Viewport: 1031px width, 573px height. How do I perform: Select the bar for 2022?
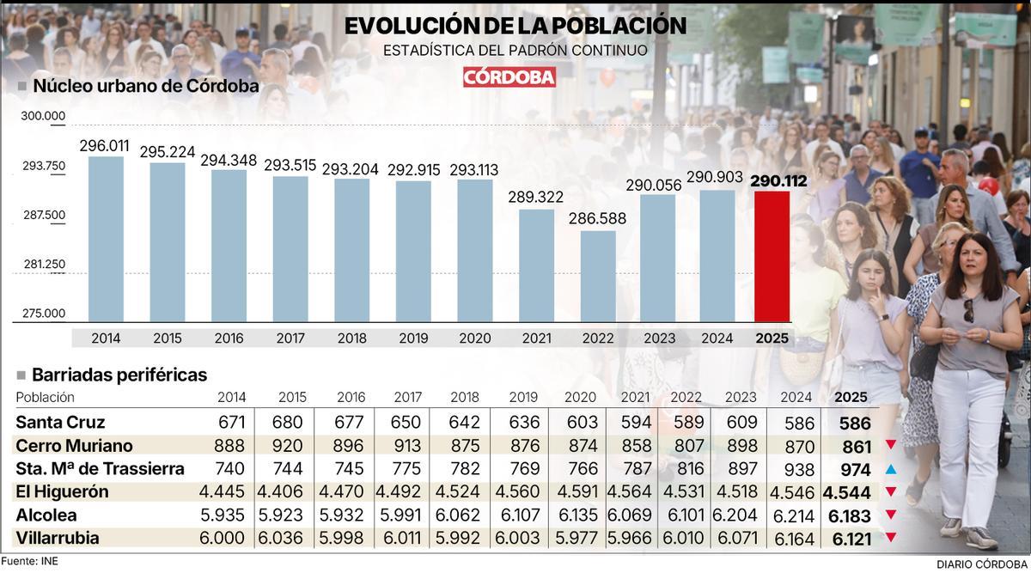click(x=598, y=276)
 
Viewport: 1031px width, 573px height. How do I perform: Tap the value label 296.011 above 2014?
click(x=104, y=146)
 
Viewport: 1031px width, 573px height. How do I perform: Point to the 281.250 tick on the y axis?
click(x=44, y=265)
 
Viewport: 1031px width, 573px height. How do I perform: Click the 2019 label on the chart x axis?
click(x=413, y=338)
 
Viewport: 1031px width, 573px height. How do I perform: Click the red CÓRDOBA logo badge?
click(x=509, y=76)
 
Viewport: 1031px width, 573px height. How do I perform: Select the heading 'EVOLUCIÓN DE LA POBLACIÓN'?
click(x=515, y=26)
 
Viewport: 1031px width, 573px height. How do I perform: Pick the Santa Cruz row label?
click(x=60, y=423)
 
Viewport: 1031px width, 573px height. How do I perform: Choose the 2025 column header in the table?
click(x=851, y=398)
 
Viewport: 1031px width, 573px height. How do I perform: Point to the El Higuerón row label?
click(x=63, y=492)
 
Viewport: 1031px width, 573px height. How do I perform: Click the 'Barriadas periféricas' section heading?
click(x=119, y=375)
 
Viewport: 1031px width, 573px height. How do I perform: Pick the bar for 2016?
click(x=229, y=245)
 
